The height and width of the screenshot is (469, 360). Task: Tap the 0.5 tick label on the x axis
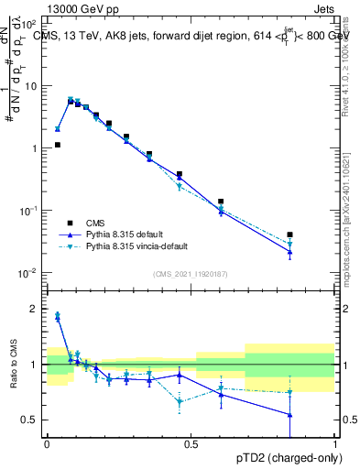click(x=191, y=443)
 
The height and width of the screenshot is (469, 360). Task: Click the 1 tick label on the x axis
click(x=335, y=443)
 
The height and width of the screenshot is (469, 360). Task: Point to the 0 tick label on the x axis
click(x=47, y=443)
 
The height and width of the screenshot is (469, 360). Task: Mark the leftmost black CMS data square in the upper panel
click(x=57, y=145)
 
